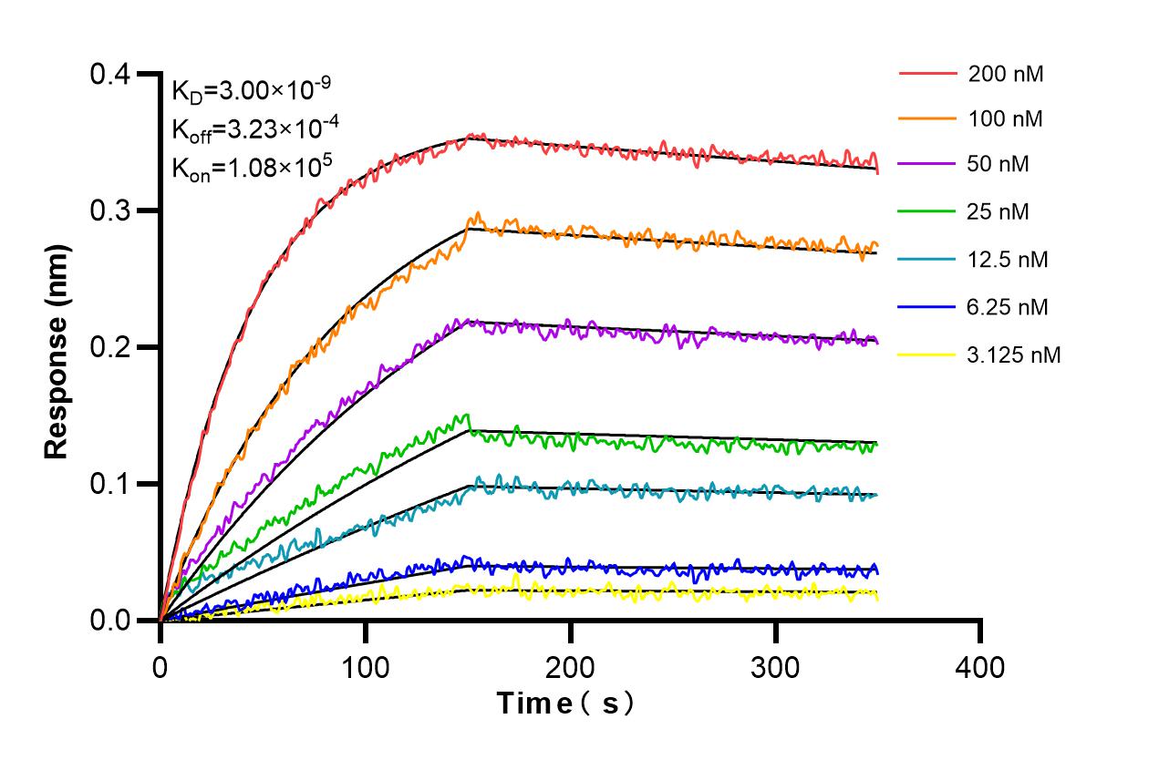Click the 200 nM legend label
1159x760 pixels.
pyautogui.click(x=1006, y=74)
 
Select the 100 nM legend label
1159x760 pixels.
pyautogui.click(x=1006, y=118)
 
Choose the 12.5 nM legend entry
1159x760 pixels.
pyautogui.click(x=1008, y=260)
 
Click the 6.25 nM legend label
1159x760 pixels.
pyautogui.click(x=1008, y=307)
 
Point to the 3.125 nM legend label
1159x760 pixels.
pyautogui.click(x=1014, y=354)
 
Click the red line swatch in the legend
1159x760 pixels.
pyautogui.click(x=926, y=73)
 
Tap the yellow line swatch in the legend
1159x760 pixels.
pyautogui.click(x=926, y=354)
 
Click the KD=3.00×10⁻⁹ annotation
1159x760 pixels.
pyautogui.click(x=252, y=90)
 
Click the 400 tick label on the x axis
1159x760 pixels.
pyautogui.click(x=980, y=668)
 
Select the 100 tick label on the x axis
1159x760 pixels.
pyautogui.click(x=366, y=668)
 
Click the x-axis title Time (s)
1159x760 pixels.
pyautogui.click(x=564, y=704)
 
